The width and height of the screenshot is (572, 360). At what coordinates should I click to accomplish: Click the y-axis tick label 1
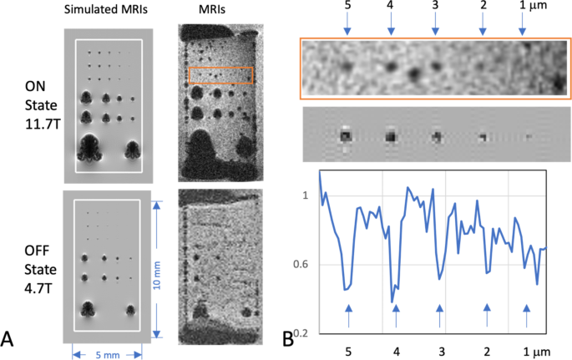click(x=304, y=195)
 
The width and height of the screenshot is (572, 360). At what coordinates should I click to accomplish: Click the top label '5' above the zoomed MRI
click(x=347, y=8)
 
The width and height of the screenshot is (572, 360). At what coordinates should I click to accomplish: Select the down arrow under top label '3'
click(x=435, y=30)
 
